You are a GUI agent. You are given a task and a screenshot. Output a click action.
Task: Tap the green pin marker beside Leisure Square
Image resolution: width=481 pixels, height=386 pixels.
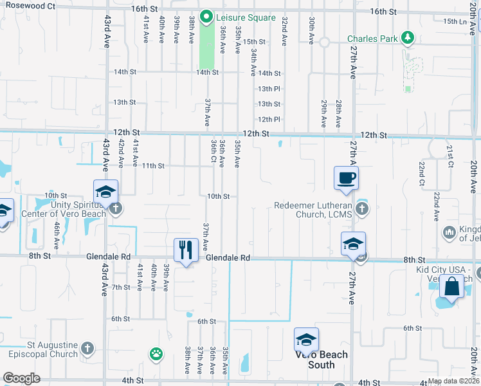tap(207, 17)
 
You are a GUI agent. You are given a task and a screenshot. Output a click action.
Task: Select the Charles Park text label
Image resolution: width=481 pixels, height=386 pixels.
tap(372, 39)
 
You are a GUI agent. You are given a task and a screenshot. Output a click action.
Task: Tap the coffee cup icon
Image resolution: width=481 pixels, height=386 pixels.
tap(345, 178)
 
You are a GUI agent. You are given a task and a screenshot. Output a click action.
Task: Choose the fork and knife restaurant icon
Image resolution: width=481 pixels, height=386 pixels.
tap(186, 249)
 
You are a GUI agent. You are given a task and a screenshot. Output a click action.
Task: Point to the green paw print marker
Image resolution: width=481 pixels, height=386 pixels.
tap(156, 353)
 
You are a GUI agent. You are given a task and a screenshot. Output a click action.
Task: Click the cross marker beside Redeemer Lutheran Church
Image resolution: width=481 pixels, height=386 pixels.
tap(362, 208)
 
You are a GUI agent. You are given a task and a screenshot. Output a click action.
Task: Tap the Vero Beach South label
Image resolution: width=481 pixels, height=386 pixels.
tap(322, 360)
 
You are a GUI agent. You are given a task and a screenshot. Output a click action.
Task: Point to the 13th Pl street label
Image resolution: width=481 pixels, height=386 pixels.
tap(269, 89)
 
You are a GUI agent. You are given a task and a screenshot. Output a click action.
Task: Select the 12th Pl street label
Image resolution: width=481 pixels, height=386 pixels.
tap(269, 120)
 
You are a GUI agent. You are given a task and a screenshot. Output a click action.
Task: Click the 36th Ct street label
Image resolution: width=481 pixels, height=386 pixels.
tap(213, 152)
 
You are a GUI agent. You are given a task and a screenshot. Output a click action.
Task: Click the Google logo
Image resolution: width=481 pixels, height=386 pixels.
tap(22, 378)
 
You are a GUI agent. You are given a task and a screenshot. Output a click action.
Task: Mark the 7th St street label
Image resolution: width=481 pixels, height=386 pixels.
tap(121, 287)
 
